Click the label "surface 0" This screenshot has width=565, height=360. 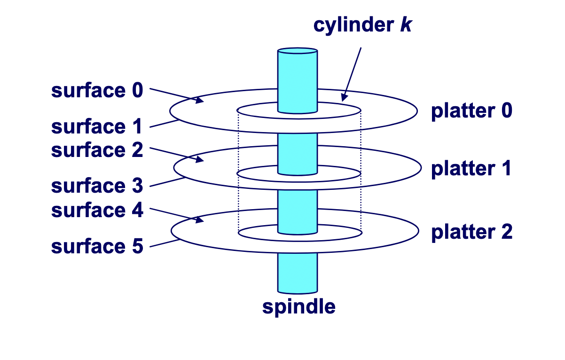click(x=96, y=90)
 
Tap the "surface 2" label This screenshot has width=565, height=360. click(x=96, y=150)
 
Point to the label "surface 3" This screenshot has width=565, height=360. click(x=96, y=186)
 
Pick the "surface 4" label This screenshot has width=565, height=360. click(x=96, y=210)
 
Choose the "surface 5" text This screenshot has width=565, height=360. click(x=96, y=246)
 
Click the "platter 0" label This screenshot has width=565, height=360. click(x=471, y=111)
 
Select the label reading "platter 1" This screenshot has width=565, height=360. click(x=471, y=169)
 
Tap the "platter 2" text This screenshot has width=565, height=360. click(x=471, y=232)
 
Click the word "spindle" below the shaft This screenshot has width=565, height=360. click(x=298, y=306)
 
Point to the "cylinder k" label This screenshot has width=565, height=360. click(x=362, y=25)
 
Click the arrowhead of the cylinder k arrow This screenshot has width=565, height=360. click(x=344, y=98)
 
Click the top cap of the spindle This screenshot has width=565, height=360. click(x=298, y=50)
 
